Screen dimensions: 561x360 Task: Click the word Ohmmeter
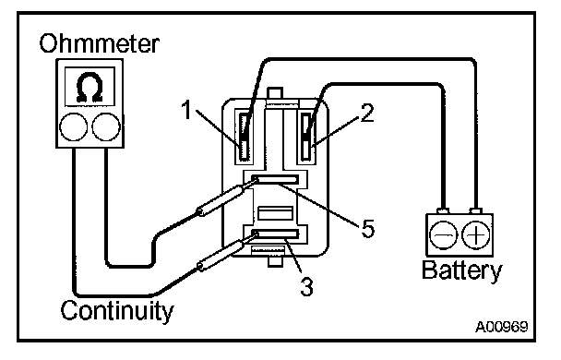click(99, 43)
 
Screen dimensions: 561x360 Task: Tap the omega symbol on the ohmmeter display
click(90, 88)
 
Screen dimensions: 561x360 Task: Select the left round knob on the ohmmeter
click(73, 127)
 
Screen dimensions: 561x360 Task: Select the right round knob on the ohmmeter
click(106, 127)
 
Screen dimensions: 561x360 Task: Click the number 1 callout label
click(187, 110)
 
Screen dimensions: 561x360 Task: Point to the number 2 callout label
click(367, 114)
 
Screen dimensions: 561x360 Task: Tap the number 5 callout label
click(368, 228)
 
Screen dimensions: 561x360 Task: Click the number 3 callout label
click(306, 286)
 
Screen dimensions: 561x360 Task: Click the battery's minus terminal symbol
click(443, 235)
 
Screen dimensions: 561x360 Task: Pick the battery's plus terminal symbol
click(476, 235)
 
